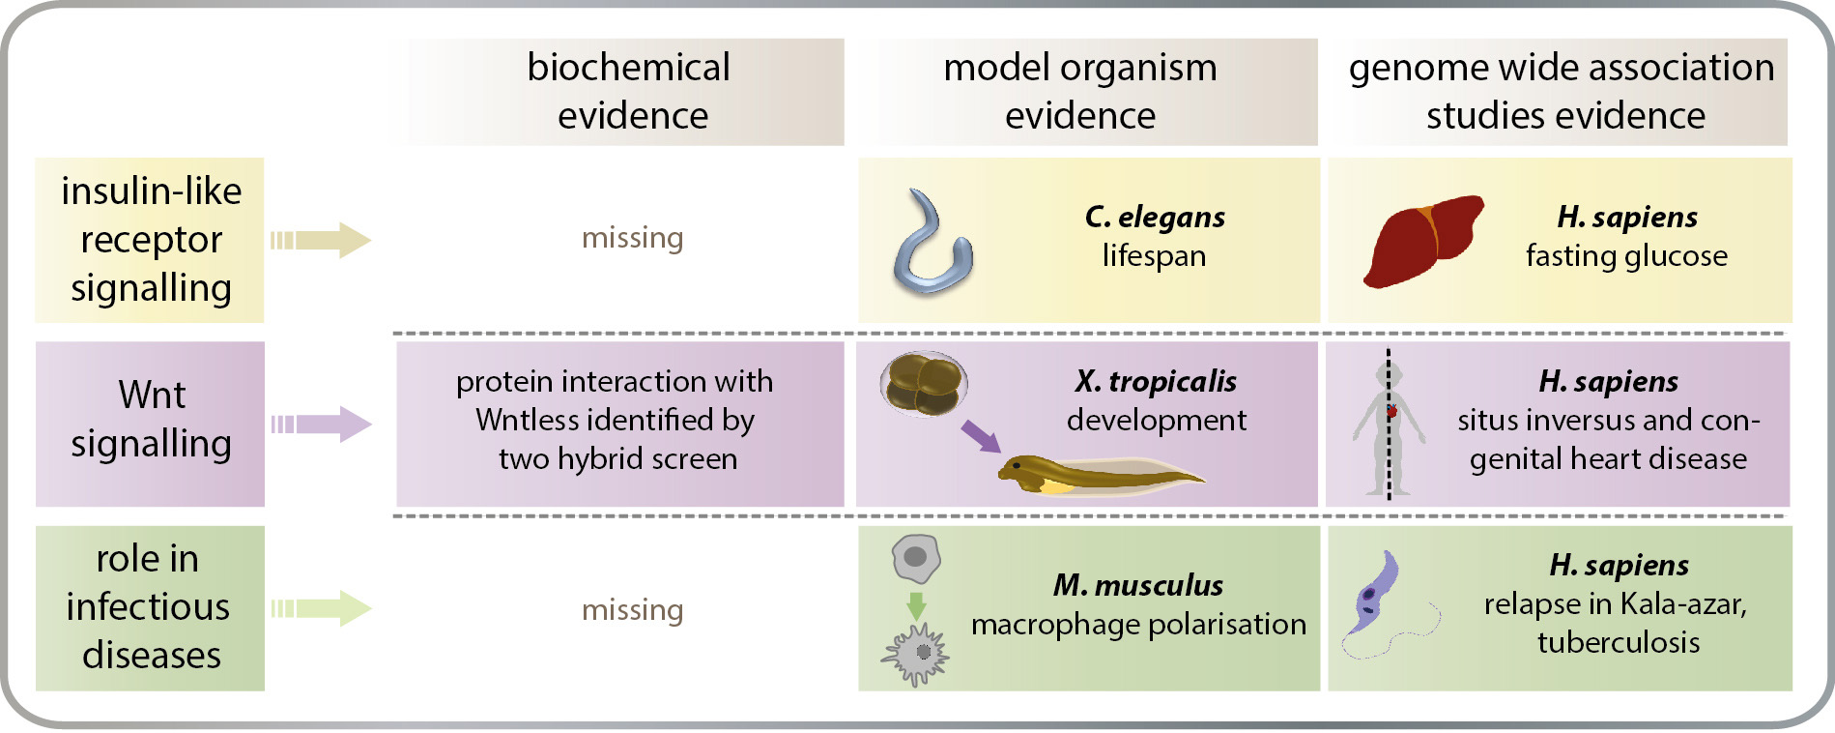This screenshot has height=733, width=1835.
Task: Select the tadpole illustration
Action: click(x=1092, y=474)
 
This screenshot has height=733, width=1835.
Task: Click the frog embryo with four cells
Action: click(x=923, y=384)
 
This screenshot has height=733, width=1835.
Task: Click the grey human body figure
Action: click(x=1389, y=425)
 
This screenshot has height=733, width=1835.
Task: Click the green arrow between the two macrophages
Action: click(x=916, y=605)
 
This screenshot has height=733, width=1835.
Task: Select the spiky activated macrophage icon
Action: click(x=916, y=655)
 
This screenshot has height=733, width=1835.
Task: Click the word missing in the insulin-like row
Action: click(x=632, y=238)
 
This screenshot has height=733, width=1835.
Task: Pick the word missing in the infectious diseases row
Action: click(x=632, y=610)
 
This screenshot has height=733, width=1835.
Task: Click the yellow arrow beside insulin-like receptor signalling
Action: click(x=321, y=240)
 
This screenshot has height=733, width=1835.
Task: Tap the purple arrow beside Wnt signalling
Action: click(x=321, y=424)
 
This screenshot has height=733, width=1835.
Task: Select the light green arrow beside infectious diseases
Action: click(x=321, y=608)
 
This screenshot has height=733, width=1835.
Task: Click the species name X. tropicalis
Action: click(x=1156, y=381)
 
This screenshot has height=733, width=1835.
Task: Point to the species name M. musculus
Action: click(x=1137, y=585)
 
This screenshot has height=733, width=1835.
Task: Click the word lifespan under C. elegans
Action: click(x=1154, y=256)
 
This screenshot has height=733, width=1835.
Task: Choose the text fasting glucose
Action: click(x=1626, y=256)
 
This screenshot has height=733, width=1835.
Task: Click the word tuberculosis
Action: click(x=1619, y=643)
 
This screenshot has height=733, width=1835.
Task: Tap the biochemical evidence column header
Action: click(x=630, y=91)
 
